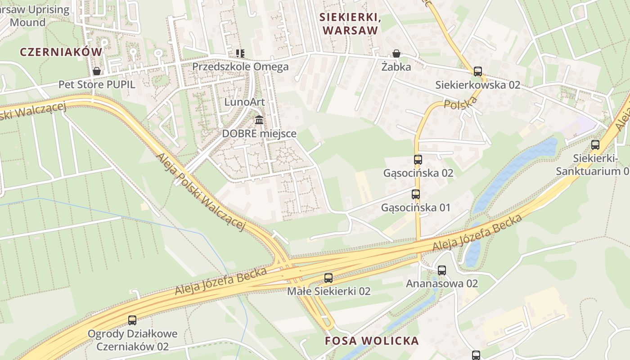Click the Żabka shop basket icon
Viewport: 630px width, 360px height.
(396, 54)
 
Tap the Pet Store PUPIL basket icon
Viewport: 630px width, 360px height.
(96, 71)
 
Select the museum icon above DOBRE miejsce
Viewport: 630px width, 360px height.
(259, 120)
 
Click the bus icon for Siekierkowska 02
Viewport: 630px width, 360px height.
(478, 72)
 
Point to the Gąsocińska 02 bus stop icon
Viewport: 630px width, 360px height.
(418, 160)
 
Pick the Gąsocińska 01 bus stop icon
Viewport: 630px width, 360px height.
(416, 194)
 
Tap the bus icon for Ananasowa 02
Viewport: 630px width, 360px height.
(442, 270)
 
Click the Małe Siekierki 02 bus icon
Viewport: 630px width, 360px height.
(328, 278)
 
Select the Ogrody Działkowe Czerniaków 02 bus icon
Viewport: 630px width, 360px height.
(132, 320)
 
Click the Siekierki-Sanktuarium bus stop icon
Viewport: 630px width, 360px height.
(595, 145)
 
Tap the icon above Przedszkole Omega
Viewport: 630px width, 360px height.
(241, 54)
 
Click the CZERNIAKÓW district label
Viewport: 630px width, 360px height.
(61, 52)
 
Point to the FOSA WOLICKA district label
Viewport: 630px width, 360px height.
(372, 341)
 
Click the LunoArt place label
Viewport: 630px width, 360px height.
(244, 102)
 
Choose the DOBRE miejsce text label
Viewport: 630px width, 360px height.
(259, 134)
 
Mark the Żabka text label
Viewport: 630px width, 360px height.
(396, 67)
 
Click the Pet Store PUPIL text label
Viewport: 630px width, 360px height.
(97, 85)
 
